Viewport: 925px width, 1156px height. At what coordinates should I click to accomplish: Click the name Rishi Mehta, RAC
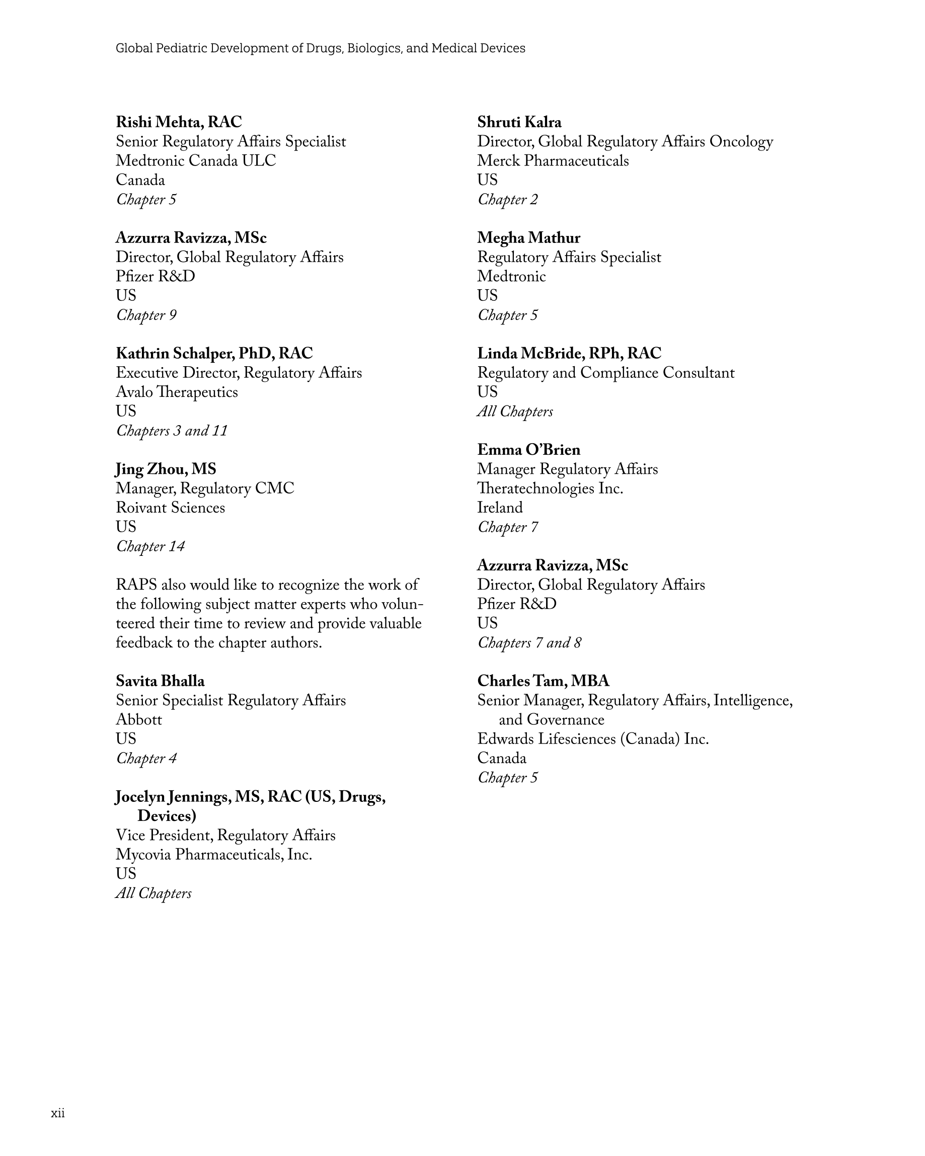(179, 122)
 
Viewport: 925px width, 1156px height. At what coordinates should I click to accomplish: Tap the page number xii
(58, 1113)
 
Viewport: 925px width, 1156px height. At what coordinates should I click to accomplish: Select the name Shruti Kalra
(519, 122)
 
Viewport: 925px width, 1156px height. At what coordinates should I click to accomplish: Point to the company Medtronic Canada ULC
(196, 161)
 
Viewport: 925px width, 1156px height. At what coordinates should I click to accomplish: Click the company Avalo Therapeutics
(177, 392)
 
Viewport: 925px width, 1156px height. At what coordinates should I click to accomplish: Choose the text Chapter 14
(150, 546)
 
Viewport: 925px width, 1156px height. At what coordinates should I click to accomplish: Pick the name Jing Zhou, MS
(166, 469)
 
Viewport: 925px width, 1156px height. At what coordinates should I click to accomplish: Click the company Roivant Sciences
(170, 508)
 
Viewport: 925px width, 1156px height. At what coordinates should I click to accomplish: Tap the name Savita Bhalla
(160, 681)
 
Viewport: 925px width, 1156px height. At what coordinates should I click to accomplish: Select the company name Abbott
(138, 719)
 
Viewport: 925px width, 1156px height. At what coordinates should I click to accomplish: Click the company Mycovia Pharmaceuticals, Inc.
(213, 854)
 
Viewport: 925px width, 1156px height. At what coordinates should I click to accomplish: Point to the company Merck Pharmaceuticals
(553, 161)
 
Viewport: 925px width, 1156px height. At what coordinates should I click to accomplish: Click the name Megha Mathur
(528, 237)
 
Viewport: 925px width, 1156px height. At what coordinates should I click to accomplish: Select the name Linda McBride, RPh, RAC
(569, 353)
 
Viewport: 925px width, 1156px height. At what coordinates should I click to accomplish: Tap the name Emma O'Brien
(528, 450)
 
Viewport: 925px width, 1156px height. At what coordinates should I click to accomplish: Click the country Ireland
(500, 508)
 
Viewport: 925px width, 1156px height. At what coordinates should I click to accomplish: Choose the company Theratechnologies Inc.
(550, 488)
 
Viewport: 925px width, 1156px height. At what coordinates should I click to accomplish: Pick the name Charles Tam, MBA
(543, 681)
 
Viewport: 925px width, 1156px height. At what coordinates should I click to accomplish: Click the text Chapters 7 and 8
(529, 642)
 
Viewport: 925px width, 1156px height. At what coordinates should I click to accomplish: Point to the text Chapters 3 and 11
(172, 431)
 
